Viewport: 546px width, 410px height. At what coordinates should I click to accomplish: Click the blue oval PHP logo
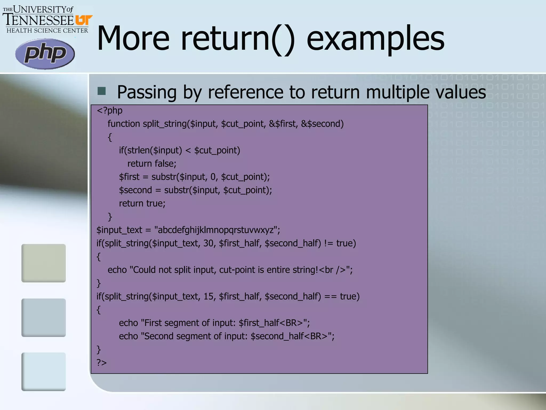[45, 54]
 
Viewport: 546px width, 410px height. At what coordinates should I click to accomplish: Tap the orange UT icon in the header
[84, 20]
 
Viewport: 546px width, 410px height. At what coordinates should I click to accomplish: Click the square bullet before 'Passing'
[102, 91]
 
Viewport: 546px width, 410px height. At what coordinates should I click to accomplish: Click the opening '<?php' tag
[110, 111]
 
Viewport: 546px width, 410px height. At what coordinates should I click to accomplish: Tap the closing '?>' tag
[102, 362]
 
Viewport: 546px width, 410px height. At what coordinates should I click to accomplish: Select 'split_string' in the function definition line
[165, 124]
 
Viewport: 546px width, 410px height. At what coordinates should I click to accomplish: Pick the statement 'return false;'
[152, 164]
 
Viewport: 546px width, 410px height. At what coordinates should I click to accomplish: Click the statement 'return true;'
[142, 203]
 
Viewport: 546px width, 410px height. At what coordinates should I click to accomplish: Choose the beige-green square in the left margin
[43, 263]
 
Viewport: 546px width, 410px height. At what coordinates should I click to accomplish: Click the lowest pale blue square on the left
[43, 372]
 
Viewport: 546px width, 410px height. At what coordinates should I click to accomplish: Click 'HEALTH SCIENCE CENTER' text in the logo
[47, 31]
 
